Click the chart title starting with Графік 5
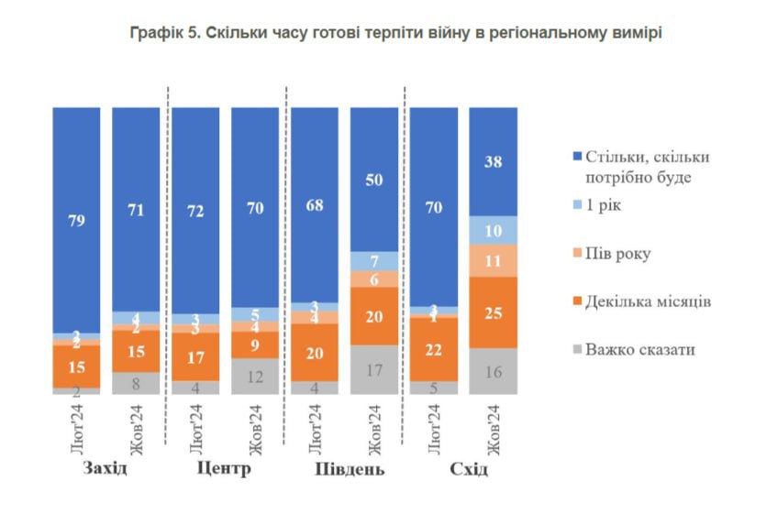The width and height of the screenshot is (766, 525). (x=383, y=33)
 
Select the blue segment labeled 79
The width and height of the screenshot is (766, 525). (x=76, y=220)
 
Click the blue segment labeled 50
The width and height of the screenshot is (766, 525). (x=375, y=179)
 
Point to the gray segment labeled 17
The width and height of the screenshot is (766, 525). (x=375, y=370)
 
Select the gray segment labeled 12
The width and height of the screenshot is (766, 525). (x=256, y=376)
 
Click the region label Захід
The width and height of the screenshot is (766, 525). (x=105, y=469)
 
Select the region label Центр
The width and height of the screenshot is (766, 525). (x=224, y=469)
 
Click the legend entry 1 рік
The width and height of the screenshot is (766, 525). (x=596, y=204)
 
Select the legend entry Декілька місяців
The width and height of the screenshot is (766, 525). (x=646, y=301)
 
